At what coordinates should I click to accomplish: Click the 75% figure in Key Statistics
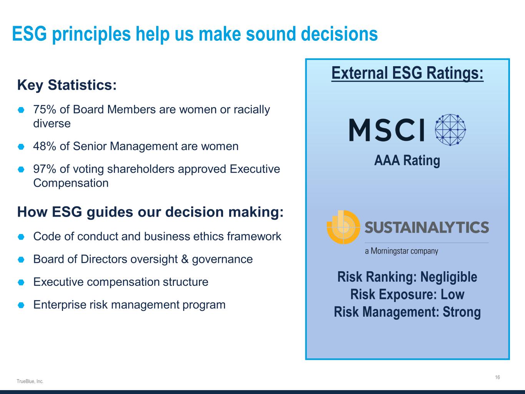tap(45, 110)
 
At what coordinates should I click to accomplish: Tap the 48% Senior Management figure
tap(45, 146)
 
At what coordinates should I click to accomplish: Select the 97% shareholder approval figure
tap(45, 169)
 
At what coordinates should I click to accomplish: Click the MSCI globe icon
tap(450, 130)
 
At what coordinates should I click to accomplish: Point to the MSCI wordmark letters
tap(387, 130)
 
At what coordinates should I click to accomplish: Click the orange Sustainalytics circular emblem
tap(343, 227)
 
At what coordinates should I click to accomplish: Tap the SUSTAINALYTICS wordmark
tap(427, 227)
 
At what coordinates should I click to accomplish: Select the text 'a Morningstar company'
tap(402, 251)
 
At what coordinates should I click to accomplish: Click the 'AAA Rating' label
tap(407, 160)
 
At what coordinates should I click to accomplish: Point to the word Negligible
tap(449, 277)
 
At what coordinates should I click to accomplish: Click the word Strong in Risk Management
tap(462, 312)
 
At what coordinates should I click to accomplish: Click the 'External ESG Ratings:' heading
tap(407, 73)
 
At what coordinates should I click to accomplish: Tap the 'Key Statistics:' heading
tap(67, 85)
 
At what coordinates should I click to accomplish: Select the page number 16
tap(497, 377)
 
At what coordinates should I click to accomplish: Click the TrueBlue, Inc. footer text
tap(30, 381)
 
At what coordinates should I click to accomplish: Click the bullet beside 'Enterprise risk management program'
tap(21, 305)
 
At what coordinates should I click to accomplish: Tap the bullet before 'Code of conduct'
tap(21, 237)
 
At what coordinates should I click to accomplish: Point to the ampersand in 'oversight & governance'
tap(185, 259)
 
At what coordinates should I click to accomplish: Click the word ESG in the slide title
tap(29, 33)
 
